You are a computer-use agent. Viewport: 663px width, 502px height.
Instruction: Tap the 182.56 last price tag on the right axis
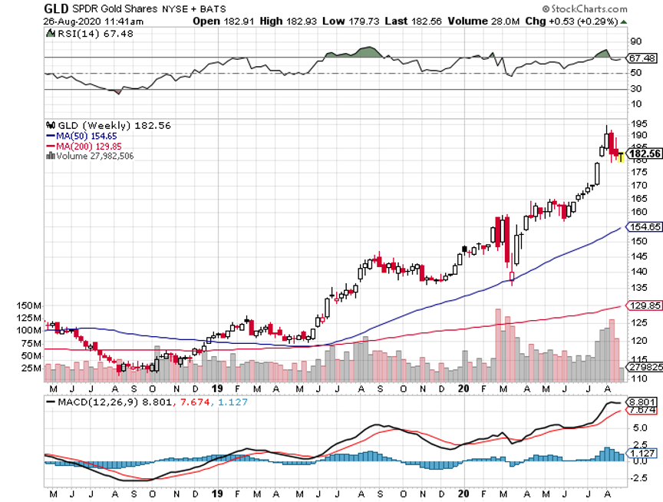pos(645,154)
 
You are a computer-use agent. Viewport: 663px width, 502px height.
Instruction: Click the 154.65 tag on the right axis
pos(644,226)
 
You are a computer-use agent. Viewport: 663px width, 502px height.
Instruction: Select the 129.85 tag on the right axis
pos(644,305)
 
